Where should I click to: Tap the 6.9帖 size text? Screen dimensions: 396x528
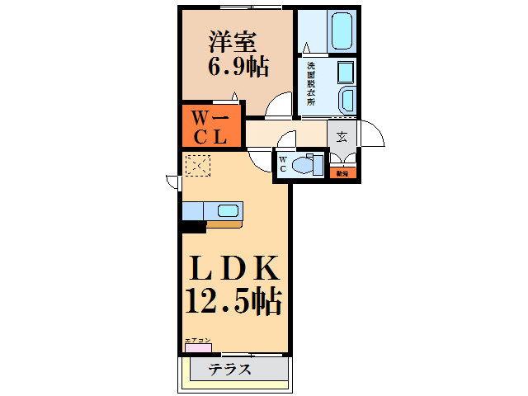click(238, 67)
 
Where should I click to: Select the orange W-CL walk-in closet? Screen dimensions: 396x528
click(210, 125)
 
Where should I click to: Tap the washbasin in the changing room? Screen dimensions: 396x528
click(346, 101)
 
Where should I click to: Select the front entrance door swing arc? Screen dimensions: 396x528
click(372, 134)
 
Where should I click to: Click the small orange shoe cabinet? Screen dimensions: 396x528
click(342, 173)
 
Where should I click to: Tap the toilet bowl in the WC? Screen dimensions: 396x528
click(307, 165)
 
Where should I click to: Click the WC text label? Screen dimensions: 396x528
click(283, 163)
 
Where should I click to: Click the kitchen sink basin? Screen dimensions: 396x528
click(228, 210)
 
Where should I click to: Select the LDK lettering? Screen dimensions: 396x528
click(235, 269)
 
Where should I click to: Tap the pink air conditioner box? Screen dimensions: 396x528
click(198, 347)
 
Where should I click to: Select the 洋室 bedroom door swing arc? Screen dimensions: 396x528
click(281, 106)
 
